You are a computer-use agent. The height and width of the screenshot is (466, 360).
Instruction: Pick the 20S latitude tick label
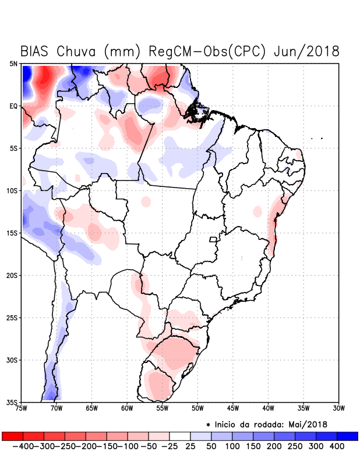click(13, 275)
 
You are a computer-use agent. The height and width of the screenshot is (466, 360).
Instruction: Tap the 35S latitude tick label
click(13, 402)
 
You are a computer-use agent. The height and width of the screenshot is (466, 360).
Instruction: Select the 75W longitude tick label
click(22, 409)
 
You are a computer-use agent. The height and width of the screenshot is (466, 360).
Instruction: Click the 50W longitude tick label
click(197, 409)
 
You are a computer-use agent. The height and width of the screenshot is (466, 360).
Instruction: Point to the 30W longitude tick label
click(338, 409)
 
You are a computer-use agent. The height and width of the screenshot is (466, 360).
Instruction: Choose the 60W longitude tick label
click(128, 409)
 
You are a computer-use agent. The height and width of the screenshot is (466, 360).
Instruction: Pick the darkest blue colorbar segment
click(347, 436)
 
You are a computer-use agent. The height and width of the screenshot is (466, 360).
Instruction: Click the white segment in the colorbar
click(179, 436)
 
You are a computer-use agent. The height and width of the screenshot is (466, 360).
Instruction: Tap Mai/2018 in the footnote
click(309, 424)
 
